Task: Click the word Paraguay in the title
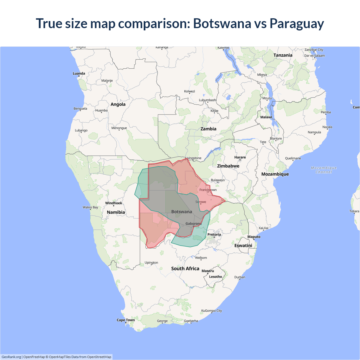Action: [x=297, y=24]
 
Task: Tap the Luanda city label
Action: [x=79, y=73]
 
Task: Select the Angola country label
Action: [x=118, y=104]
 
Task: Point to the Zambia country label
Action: [x=208, y=129]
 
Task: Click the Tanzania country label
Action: [x=283, y=55]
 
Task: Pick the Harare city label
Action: [x=240, y=157]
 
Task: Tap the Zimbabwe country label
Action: [x=228, y=166]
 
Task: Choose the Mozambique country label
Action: [x=275, y=174]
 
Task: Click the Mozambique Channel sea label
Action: [x=324, y=170]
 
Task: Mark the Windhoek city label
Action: [x=114, y=203]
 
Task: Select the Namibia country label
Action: [x=116, y=212]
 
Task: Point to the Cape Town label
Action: [x=126, y=320]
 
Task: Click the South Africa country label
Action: [x=185, y=269]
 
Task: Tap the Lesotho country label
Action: [x=215, y=277]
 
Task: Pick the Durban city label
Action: [x=240, y=277]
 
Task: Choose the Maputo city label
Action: [x=254, y=237]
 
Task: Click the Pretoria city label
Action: [x=214, y=235]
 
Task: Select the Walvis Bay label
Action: [x=90, y=207]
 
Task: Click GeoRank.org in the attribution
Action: [x=11, y=357]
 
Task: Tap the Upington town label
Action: [x=151, y=263]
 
